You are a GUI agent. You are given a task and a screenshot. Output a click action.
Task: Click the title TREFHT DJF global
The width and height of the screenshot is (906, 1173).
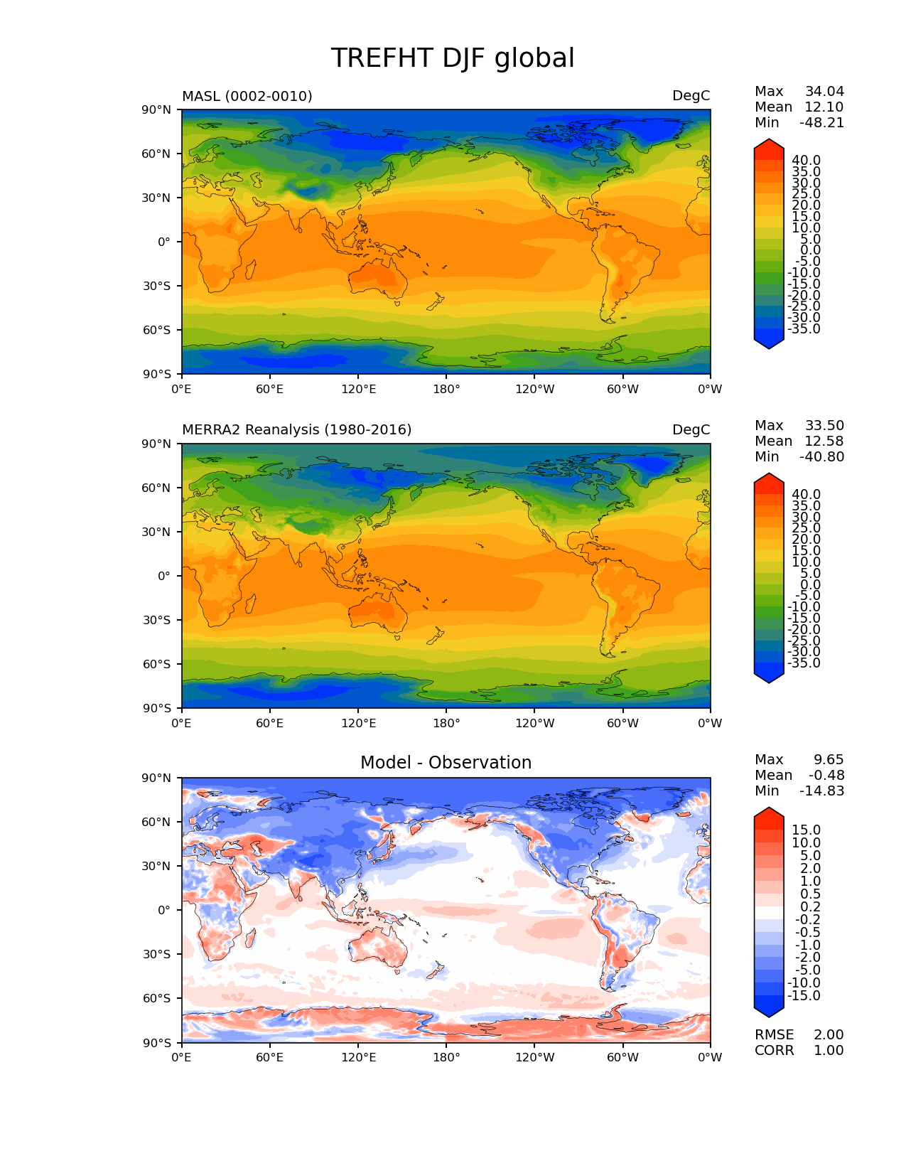point(453,58)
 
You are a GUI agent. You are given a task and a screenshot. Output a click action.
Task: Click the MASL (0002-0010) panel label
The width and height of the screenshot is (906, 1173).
point(247,96)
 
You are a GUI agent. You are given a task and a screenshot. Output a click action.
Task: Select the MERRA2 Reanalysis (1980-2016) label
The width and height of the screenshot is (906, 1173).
point(297,430)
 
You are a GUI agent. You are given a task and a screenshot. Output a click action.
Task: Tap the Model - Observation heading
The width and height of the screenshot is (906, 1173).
point(446,763)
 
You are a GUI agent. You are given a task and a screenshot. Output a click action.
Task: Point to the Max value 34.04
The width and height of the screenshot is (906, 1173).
point(824,92)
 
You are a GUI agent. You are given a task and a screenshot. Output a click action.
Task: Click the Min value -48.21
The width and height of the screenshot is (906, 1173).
point(821,123)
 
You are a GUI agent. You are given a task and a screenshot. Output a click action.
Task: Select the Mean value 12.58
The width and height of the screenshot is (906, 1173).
point(824,441)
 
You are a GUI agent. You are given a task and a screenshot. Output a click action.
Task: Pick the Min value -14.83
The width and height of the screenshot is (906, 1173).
point(821,791)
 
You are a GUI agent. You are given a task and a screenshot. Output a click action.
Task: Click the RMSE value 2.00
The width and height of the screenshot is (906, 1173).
point(829,1035)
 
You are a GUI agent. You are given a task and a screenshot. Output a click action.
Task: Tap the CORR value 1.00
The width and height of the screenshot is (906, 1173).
point(829,1051)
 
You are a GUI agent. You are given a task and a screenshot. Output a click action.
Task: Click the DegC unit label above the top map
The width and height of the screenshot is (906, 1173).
point(691,96)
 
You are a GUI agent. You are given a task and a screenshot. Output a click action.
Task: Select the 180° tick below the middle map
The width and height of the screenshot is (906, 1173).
point(446,724)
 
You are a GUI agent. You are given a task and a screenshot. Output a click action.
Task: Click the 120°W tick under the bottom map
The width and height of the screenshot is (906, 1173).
point(535,1058)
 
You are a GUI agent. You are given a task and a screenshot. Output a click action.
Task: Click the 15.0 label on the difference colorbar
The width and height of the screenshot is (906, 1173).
point(806,830)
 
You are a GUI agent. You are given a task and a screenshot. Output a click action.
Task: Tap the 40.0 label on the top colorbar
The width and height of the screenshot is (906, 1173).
point(806,161)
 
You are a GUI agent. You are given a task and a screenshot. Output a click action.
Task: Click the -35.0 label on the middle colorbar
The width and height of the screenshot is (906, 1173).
point(804,663)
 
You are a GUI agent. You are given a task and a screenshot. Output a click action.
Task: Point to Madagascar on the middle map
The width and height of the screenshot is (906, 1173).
point(250,604)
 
